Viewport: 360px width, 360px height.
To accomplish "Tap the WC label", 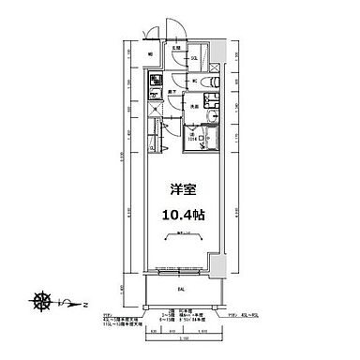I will [194, 82].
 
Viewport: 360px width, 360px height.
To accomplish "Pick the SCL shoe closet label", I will [194, 60].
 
